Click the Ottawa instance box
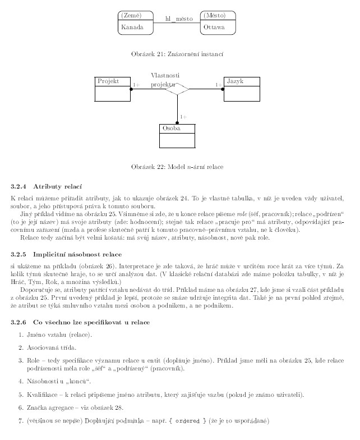tap(218, 22)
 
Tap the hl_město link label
tap(179, 19)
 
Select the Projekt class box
tap(113, 89)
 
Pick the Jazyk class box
tap(242, 89)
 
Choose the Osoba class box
tap(177, 135)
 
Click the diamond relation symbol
tap(177, 89)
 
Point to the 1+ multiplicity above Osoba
tap(183, 117)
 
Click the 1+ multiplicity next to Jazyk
tap(218, 85)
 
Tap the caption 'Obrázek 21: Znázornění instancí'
tap(177, 53)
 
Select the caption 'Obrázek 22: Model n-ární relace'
tap(177, 167)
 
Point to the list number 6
tap(21, 407)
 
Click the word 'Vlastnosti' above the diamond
tap(165, 75)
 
